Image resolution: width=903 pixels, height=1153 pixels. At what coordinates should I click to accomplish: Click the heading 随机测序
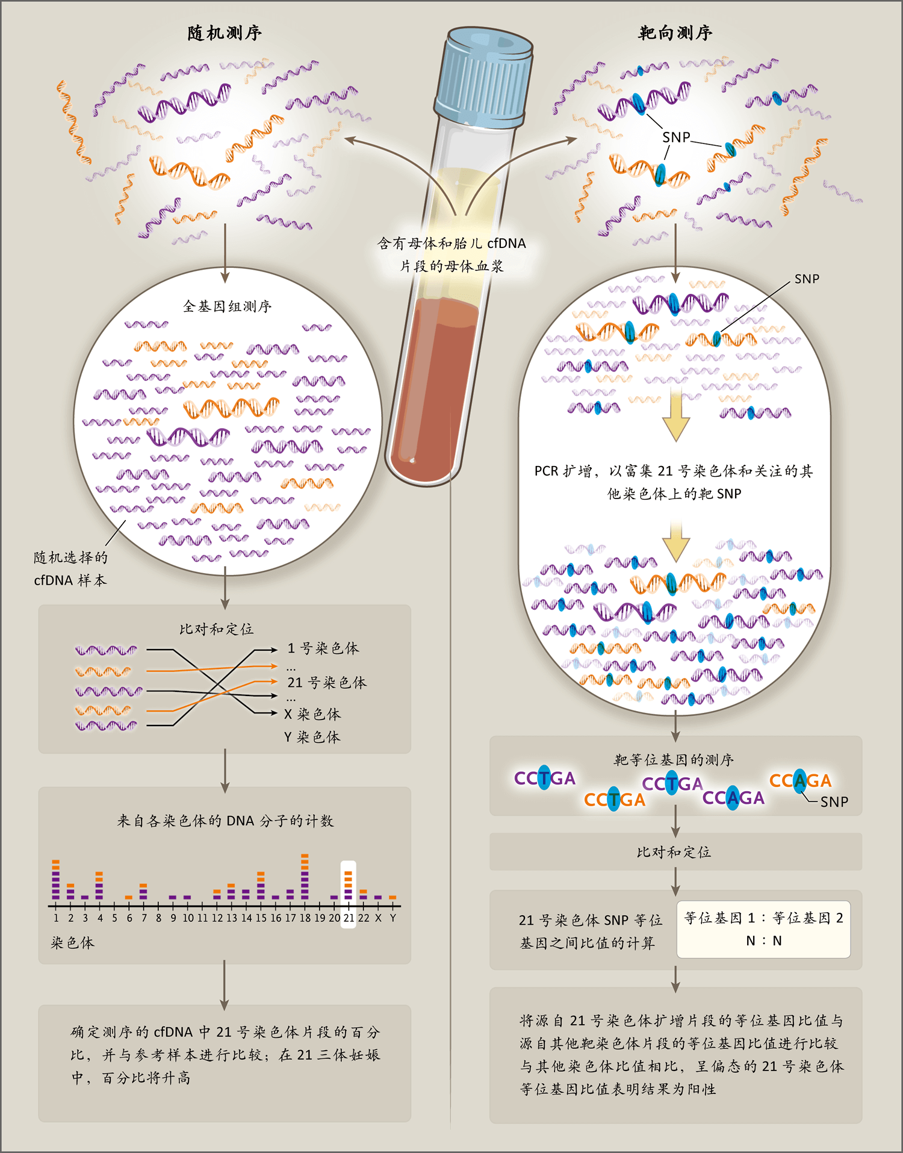[225, 33]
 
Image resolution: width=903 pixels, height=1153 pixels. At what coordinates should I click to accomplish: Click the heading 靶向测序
[675, 33]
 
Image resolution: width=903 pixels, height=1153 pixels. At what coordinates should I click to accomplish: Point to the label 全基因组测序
[227, 306]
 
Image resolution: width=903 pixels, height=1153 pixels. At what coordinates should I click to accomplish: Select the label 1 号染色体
[323, 648]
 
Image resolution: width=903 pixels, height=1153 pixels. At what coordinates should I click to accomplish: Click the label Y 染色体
[312, 737]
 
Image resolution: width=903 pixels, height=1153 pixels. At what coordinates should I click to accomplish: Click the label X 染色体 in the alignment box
[312, 714]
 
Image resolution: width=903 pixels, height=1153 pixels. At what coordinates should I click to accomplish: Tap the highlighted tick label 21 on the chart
[349, 918]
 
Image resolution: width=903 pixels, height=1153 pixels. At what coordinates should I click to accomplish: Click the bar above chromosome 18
[305, 877]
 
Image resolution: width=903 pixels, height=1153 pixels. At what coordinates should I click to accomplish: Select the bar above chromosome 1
[56, 880]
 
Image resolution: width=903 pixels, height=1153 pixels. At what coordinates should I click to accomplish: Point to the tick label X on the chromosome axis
[378, 918]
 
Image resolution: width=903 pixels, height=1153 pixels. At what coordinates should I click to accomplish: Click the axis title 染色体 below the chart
[73, 942]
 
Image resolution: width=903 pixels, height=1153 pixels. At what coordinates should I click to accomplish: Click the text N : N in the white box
[764, 940]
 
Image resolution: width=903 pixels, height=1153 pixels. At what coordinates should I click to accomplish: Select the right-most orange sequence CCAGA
[800, 781]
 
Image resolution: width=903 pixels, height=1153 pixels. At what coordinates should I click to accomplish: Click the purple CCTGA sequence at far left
[545, 779]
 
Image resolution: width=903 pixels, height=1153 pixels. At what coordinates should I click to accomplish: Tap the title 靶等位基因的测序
[674, 760]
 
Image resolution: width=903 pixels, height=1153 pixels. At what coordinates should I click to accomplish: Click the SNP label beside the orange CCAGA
[834, 802]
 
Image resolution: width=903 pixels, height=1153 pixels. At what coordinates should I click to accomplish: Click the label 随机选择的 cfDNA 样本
[70, 568]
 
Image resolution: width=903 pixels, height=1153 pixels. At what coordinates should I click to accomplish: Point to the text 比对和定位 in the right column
[674, 852]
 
